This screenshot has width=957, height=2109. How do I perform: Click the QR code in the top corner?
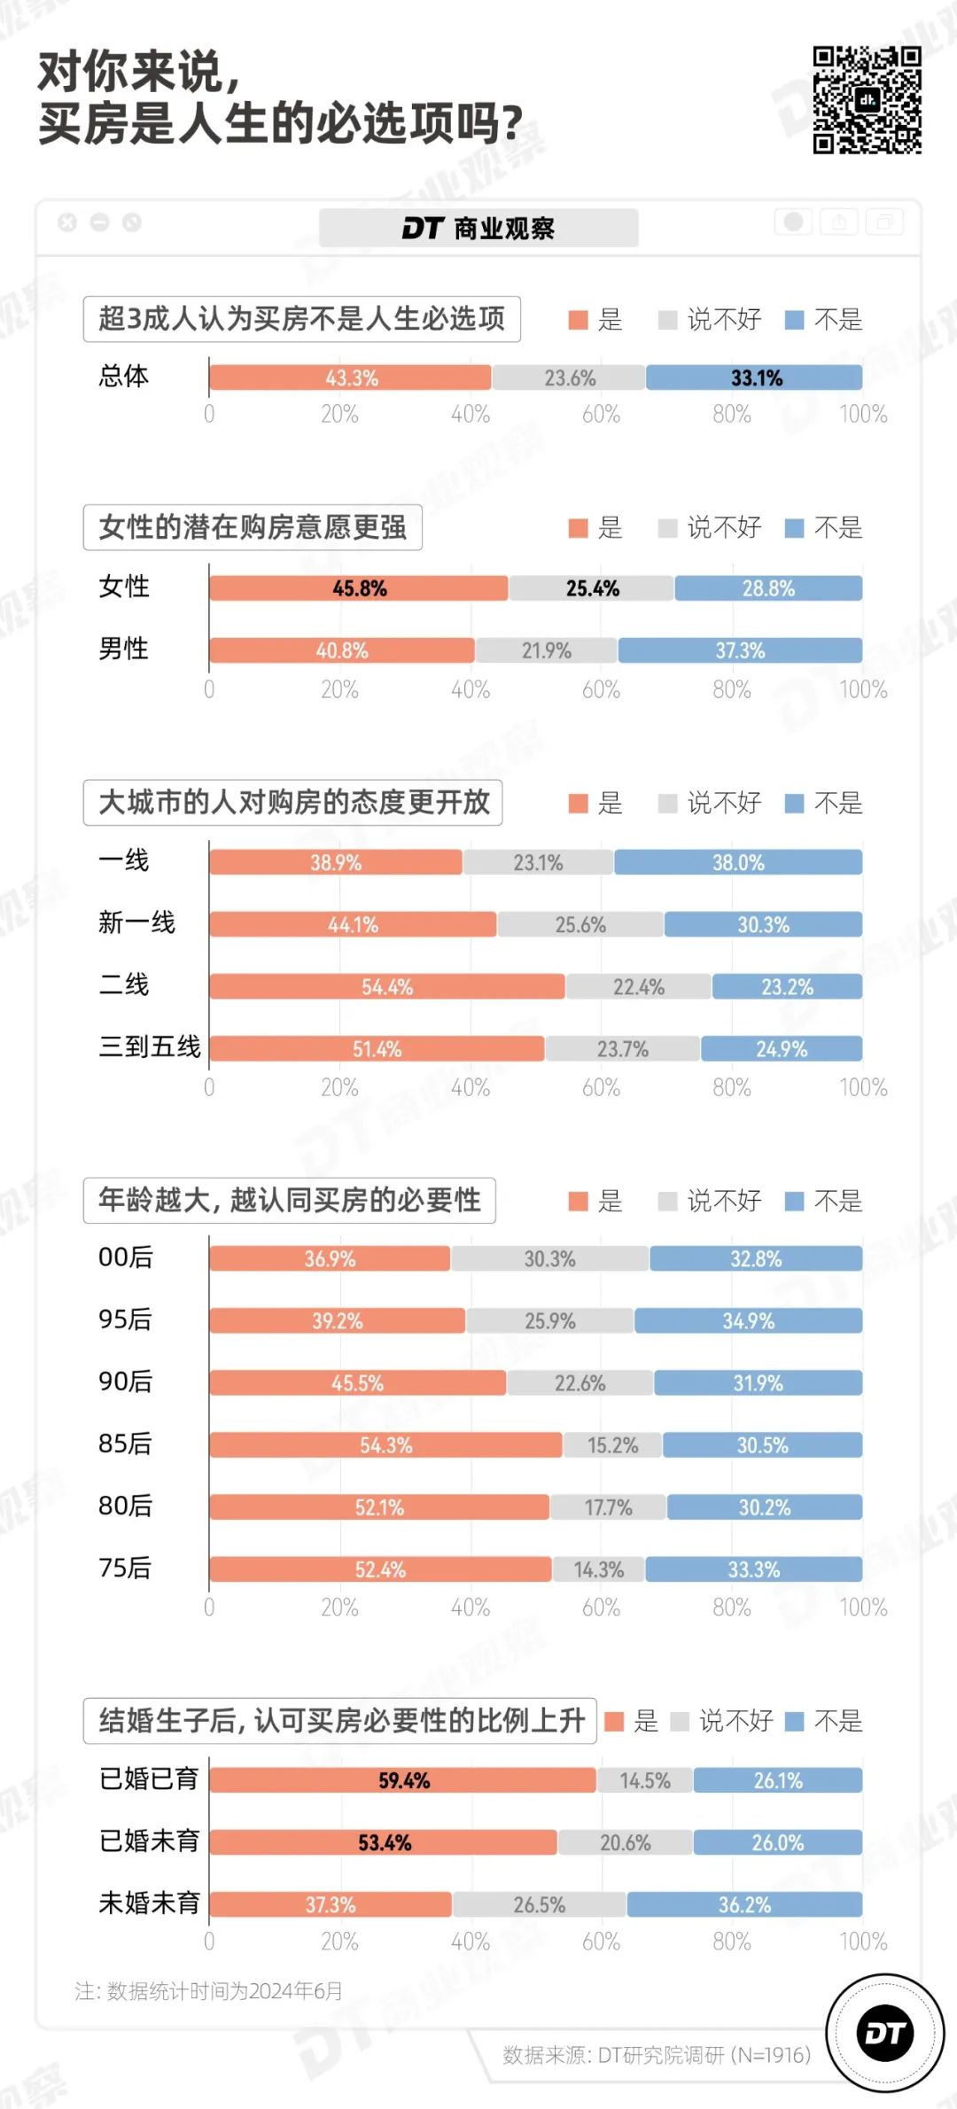[867, 100]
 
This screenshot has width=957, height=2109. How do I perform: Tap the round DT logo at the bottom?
[884, 2034]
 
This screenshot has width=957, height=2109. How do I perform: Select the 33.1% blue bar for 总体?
[754, 377]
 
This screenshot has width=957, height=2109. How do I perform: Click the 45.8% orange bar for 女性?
[359, 588]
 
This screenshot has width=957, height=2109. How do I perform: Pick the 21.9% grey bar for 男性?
[546, 650]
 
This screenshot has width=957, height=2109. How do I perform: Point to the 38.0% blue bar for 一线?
[738, 862]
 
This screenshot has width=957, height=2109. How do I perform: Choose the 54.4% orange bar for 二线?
[387, 986]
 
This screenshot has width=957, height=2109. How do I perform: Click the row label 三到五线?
[149, 1047]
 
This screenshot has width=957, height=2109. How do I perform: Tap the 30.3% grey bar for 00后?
[549, 1258]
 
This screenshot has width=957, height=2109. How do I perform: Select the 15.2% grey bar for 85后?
[612, 1445]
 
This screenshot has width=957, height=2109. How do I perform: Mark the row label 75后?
[125, 1568]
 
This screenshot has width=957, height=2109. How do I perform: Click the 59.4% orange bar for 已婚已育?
[403, 1780]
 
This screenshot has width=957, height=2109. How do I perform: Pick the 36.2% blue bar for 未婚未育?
[744, 1904]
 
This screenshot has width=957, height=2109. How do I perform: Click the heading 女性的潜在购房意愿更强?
[253, 527]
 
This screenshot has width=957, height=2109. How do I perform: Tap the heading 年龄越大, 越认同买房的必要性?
[289, 1200]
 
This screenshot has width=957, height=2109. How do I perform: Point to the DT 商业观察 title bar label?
[478, 229]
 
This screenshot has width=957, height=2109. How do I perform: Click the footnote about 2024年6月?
[209, 1991]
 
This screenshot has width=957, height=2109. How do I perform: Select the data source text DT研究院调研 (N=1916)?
[657, 2054]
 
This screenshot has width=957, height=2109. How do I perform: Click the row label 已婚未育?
[149, 1841]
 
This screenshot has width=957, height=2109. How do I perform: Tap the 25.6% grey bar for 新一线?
[580, 924]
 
